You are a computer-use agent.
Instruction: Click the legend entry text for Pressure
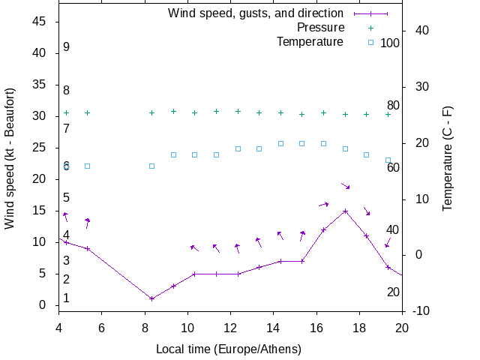click(x=320, y=28)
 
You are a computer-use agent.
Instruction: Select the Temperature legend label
click(x=310, y=41)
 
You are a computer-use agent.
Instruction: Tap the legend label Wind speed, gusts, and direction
click(x=256, y=13)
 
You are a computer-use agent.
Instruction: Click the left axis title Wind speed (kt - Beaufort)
click(x=10, y=158)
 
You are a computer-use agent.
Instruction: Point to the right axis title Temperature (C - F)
click(x=448, y=158)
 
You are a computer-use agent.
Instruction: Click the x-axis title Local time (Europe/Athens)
click(x=229, y=349)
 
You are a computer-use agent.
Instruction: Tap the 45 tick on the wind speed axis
click(x=40, y=22)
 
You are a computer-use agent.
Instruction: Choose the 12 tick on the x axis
click(x=230, y=327)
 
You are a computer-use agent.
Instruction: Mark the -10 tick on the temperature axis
click(x=418, y=310)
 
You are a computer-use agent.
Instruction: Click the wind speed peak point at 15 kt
click(x=345, y=211)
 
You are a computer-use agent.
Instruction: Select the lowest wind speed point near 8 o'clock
click(x=151, y=298)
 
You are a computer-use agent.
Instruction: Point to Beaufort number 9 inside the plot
click(x=66, y=47)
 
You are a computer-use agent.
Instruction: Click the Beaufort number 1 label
click(x=66, y=298)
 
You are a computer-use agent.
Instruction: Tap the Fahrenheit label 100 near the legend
click(x=390, y=43)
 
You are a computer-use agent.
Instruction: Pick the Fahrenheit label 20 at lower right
click(x=393, y=292)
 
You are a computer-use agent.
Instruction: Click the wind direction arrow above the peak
click(x=345, y=185)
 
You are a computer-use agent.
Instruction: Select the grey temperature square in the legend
click(x=370, y=42)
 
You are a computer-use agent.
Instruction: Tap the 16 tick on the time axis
click(x=316, y=327)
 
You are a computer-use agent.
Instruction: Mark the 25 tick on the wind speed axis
click(x=40, y=148)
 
